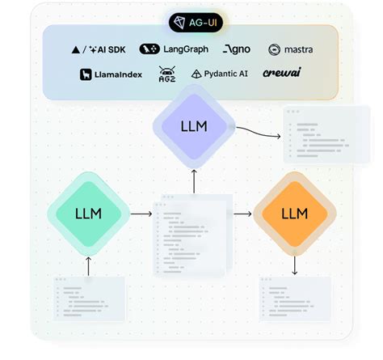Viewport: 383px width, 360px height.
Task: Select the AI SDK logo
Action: point(99,49)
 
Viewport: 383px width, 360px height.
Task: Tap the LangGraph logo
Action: point(174,49)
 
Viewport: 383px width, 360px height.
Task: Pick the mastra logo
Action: point(290,49)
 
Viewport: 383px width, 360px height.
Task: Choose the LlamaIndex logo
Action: point(112,74)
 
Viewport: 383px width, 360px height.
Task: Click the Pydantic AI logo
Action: point(218,74)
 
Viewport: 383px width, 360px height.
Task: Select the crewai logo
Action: point(281,74)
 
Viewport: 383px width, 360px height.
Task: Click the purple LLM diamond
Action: point(194,127)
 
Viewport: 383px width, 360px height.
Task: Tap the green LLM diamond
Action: point(88,214)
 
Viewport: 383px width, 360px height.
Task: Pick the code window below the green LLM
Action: point(89,299)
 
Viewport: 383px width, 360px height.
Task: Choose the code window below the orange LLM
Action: point(294,299)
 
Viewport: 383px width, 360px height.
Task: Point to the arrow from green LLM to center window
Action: point(141,214)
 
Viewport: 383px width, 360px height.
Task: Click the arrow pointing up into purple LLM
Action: point(194,180)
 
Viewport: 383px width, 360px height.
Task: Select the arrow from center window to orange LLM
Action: point(242,214)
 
